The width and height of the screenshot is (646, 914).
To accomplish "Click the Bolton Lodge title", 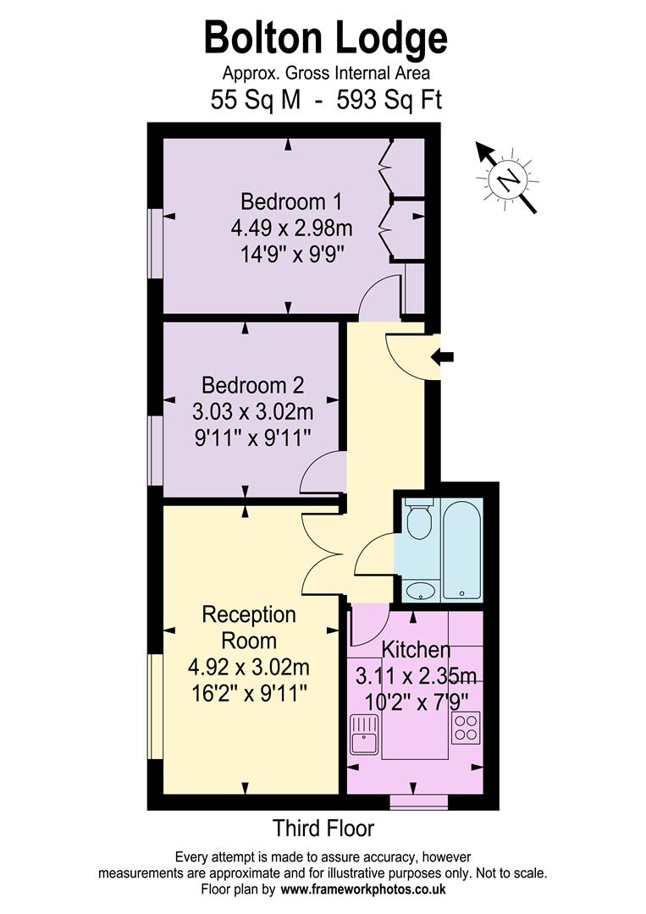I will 325,38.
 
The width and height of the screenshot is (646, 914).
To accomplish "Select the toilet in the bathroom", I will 418,520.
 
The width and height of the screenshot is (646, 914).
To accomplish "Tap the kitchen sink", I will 363,733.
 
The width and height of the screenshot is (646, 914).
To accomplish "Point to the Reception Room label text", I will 249,626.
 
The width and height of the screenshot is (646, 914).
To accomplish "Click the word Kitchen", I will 416,650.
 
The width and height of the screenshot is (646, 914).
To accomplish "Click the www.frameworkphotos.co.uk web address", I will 364,889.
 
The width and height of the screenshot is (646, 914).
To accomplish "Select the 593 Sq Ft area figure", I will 389,100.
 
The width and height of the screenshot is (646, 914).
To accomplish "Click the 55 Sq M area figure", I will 255,100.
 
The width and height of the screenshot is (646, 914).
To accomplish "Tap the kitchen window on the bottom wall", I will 418,800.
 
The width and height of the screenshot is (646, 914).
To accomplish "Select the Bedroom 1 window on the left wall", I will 155,243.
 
